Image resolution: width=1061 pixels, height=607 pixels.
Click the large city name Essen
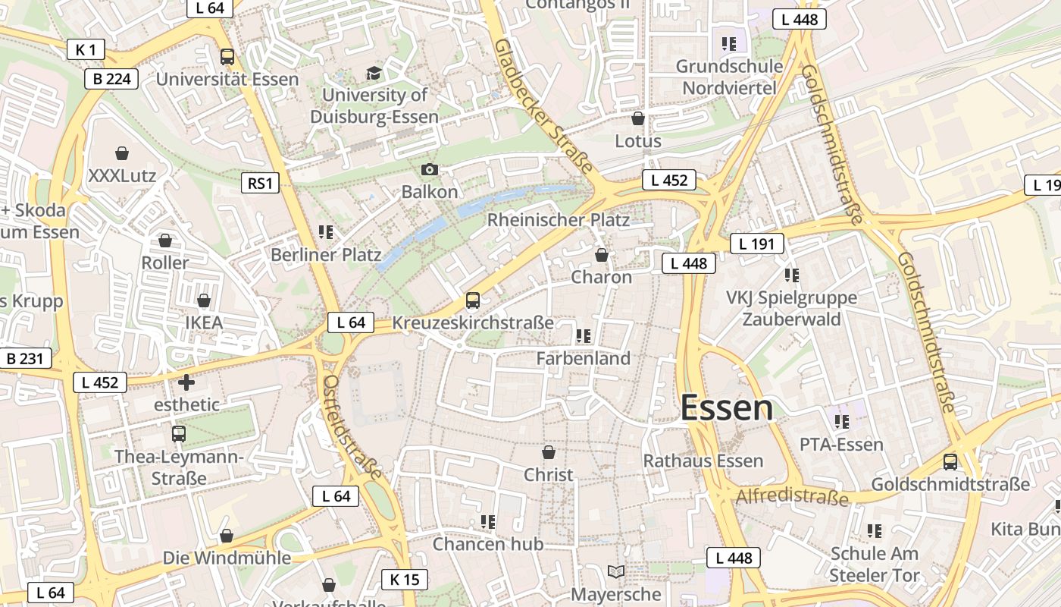pyautogui.click(x=726, y=408)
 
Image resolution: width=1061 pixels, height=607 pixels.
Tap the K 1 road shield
pyautogui.click(x=86, y=50)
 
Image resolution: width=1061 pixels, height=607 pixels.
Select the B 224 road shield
pyautogui.click(x=111, y=78)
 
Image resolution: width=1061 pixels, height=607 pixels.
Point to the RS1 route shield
pyautogui.click(x=259, y=183)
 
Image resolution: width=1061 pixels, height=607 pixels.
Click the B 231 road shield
pyautogui.click(x=26, y=359)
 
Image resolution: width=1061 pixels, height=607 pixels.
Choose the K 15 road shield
pyautogui.click(x=404, y=580)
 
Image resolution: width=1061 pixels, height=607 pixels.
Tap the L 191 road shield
pyautogui.click(x=756, y=244)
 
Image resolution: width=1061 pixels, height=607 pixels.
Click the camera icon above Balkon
pyautogui.click(x=430, y=169)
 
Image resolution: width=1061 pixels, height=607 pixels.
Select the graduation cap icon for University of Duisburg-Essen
pyautogui.click(x=374, y=73)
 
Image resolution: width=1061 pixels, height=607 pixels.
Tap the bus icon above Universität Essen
pyautogui.click(x=227, y=56)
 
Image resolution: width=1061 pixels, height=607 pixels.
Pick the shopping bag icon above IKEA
pyautogui.click(x=204, y=300)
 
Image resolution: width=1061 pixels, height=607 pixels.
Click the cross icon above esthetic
pyautogui.click(x=186, y=382)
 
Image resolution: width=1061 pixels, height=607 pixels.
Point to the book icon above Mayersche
pyautogui.click(x=616, y=571)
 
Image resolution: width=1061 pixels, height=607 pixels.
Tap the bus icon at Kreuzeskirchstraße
pyautogui.click(x=473, y=300)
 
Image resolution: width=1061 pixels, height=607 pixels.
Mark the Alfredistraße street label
pyautogui.click(x=793, y=498)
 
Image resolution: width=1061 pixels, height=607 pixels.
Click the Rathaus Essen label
pyautogui.click(x=703, y=461)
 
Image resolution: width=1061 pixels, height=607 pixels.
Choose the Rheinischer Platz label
pyautogui.click(x=559, y=220)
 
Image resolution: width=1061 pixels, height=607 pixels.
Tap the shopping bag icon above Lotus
pyautogui.click(x=638, y=118)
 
